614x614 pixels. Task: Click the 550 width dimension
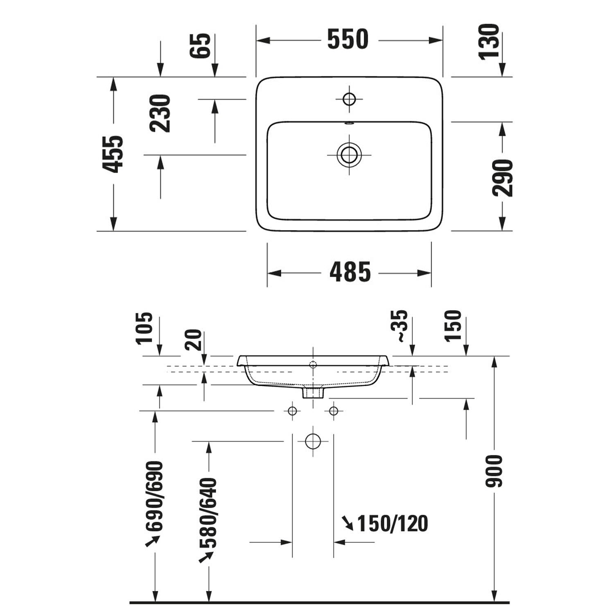pos(348,39)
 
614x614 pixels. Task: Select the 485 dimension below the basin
pos(350,272)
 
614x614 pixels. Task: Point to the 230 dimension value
pos(160,113)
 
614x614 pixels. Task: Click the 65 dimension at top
pos(200,45)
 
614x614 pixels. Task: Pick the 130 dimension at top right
pos(490,42)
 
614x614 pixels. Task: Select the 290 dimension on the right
pos(502,178)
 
